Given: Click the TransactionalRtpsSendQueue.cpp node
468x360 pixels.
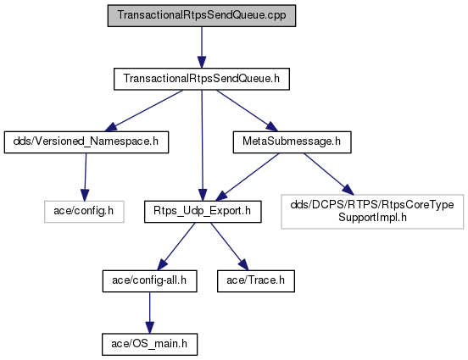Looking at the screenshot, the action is tap(202, 15).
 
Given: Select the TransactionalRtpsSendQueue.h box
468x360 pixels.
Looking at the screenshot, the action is tap(202, 79).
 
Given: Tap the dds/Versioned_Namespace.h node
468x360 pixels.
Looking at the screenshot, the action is tap(86, 142).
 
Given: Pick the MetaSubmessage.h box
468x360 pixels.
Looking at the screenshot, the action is tap(292, 142).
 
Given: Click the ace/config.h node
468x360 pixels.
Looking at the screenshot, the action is tap(84, 212).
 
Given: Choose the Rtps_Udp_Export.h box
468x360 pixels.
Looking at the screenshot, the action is tap(203, 212).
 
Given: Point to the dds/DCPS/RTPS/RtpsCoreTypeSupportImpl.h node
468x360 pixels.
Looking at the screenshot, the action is tap(372, 212).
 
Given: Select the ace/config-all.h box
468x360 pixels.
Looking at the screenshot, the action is tap(149, 281).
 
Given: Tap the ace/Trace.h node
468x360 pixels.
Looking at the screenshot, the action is tap(256, 281).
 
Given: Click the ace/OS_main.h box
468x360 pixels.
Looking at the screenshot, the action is tap(149, 344).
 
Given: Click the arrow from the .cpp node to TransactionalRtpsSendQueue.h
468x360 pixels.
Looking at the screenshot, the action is tap(202, 47).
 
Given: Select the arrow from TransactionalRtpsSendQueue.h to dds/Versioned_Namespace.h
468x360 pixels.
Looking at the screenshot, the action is tap(144, 111).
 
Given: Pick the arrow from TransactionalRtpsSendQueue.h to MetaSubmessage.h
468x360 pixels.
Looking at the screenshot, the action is tap(247, 111).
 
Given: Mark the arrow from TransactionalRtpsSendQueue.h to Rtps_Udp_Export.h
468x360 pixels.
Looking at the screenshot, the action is tap(202, 145).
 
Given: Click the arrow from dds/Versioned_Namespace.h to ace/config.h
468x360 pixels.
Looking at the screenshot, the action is tap(86, 177).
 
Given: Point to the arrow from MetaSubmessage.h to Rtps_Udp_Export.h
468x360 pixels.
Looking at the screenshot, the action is tap(248, 177).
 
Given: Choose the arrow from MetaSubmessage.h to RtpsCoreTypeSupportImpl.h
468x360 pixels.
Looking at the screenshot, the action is tap(329, 174).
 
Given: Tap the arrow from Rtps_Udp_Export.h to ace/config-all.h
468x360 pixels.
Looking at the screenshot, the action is tap(176, 246).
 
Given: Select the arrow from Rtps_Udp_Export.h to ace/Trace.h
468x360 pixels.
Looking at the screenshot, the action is tap(230, 246).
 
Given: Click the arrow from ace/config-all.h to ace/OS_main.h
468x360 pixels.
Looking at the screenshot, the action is tap(149, 313).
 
